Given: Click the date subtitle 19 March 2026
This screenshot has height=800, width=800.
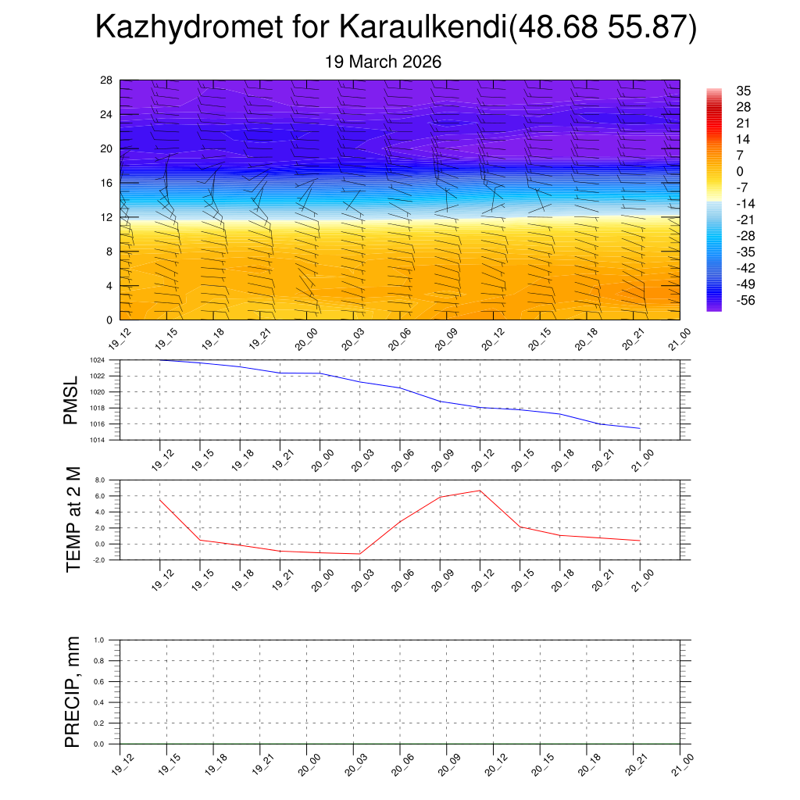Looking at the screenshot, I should point(383,62).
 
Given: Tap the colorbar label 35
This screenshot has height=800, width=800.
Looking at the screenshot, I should point(744,91).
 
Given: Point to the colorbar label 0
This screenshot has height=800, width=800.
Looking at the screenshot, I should point(739,171).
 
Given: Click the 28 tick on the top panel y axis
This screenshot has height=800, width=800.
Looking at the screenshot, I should point(107,80).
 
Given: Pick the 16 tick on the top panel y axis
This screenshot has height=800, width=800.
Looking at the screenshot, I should point(107,183).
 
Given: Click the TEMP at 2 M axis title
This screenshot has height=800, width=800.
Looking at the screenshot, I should point(73,520).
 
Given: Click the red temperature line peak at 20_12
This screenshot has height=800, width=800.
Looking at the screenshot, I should point(480,491).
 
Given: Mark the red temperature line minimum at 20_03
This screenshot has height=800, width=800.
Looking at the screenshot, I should point(359,554).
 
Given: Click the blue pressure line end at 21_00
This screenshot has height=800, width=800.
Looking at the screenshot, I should point(640,429).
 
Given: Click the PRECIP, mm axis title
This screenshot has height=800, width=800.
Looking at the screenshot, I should point(73,692).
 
